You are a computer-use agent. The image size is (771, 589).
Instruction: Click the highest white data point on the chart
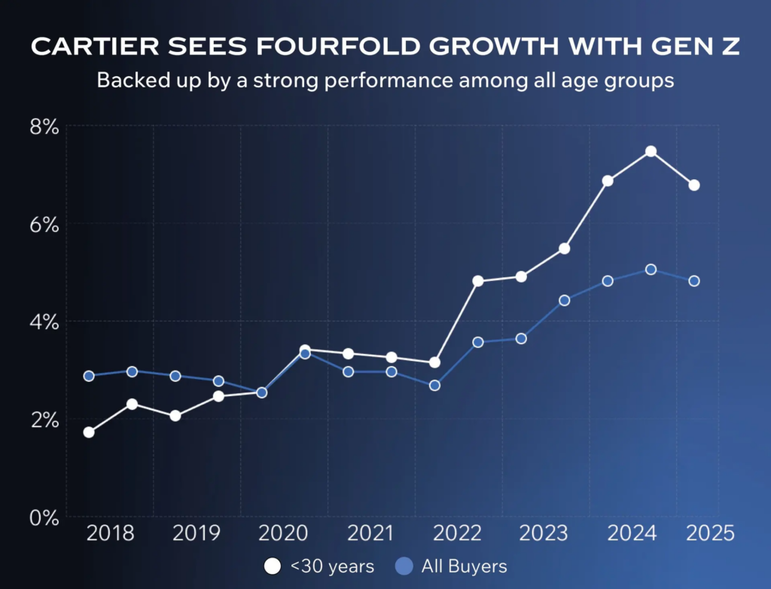651,151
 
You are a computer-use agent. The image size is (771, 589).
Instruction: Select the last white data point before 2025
694,185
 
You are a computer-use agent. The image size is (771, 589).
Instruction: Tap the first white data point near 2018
89,432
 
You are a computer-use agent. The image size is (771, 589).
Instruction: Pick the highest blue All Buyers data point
651,270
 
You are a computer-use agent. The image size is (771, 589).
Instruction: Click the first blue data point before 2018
89,376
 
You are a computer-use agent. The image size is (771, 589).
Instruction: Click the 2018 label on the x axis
111,534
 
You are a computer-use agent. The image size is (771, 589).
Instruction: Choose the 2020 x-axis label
283,534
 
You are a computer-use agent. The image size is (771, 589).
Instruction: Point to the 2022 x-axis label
458,534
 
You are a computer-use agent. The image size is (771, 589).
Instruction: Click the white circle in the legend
271,566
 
